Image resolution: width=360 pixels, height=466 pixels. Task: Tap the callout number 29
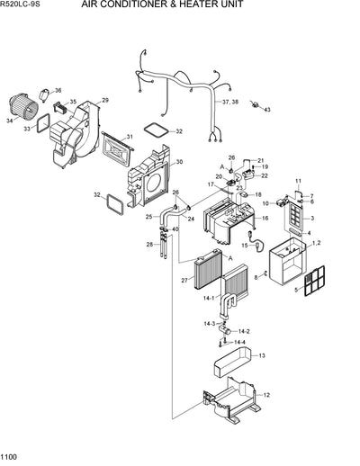[x=104, y=100]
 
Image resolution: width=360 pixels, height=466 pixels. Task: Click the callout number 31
[x=130, y=137]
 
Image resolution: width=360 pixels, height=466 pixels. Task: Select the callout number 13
[x=262, y=356]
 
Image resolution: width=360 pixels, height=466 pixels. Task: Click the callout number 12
[x=266, y=395]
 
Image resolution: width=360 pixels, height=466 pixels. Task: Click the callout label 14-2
[x=244, y=331]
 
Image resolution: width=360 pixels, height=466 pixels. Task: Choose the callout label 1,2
[x=316, y=244]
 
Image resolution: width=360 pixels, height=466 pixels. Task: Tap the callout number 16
[x=264, y=219]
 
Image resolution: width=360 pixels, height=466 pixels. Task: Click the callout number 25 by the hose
[x=148, y=217]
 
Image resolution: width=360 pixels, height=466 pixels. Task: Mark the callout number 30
[x=178, y=162]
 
